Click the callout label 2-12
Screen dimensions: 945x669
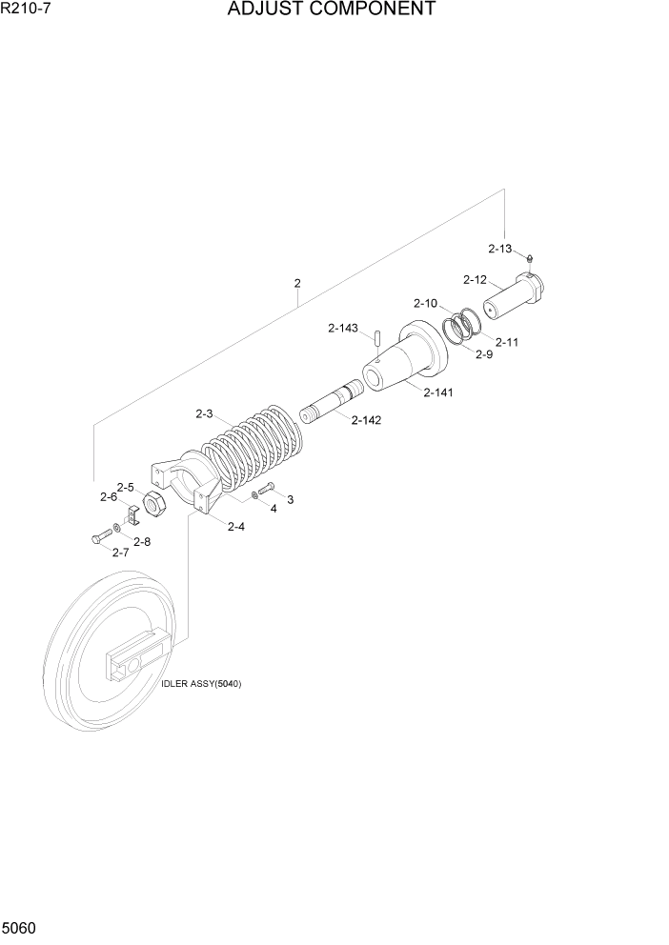pyautogui.click(x=475, y=280)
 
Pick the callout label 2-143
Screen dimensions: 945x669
pyautogui.click(x=342, y=329)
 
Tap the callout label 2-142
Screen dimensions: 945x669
pyautogui.click(x=366, y=420)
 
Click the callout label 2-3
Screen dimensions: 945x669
pyautogui.click(x=205, y=413)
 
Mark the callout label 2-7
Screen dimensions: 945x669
pyautogui.click(x=121, y=553)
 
